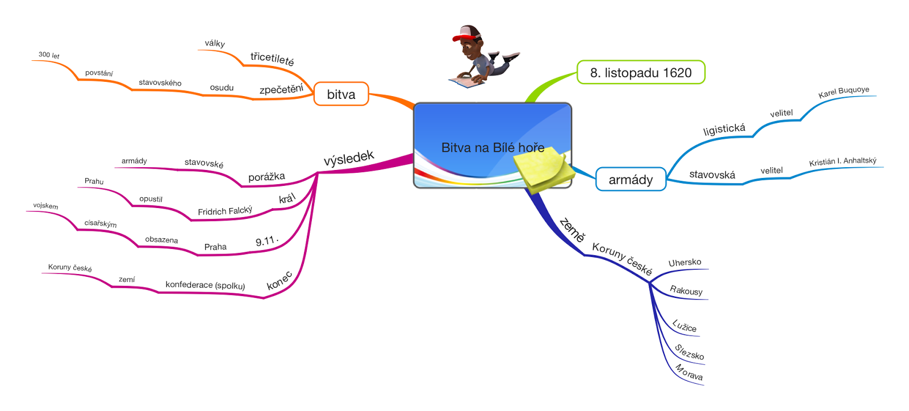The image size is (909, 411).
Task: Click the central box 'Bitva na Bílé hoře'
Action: [x=492, y=146]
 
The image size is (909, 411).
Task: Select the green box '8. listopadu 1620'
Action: [x=641, y=72]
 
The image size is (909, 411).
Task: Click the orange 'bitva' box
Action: [x=341, y=94]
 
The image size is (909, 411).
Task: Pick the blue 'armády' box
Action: [x=631, y=179]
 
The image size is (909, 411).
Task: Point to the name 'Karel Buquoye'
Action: [x=844, y=92]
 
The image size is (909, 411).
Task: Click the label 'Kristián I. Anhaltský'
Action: [x=843, y=161]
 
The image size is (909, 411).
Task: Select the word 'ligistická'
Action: [x=724, y=130]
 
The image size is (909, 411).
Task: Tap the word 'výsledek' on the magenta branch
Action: [x=349, y=157]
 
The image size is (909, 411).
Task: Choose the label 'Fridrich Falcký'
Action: [x=225, y=210]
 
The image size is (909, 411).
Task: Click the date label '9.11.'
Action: [x=267, y=241]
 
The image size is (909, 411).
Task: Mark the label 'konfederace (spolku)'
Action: [x=205, y=285]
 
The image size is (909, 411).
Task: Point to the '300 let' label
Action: [x=49, y=55]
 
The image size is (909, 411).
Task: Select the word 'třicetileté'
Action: [x=272, y=59]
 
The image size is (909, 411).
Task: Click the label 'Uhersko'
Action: [x=685, y=263]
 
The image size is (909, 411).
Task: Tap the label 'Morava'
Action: [x=689, y=372]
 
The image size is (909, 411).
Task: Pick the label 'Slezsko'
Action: [x=689, y=352]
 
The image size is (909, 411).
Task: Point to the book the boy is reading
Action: [x=466, y=82]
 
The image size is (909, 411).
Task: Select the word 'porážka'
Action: [x=266, y=177]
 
